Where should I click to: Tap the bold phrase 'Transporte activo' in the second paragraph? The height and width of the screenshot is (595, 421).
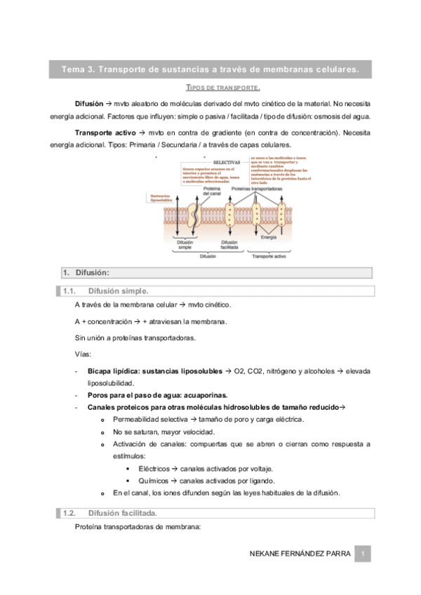click(105, 132)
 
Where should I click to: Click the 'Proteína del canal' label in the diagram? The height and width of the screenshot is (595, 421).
click(212, 191)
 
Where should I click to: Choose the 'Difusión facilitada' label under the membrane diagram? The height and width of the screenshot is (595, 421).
click(229, 244)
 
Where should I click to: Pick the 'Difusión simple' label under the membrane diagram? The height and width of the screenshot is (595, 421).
click(185, 244)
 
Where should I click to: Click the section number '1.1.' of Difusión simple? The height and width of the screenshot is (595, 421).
click(69, 290)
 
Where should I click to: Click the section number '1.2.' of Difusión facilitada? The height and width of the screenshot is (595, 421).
click(69, 514)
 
